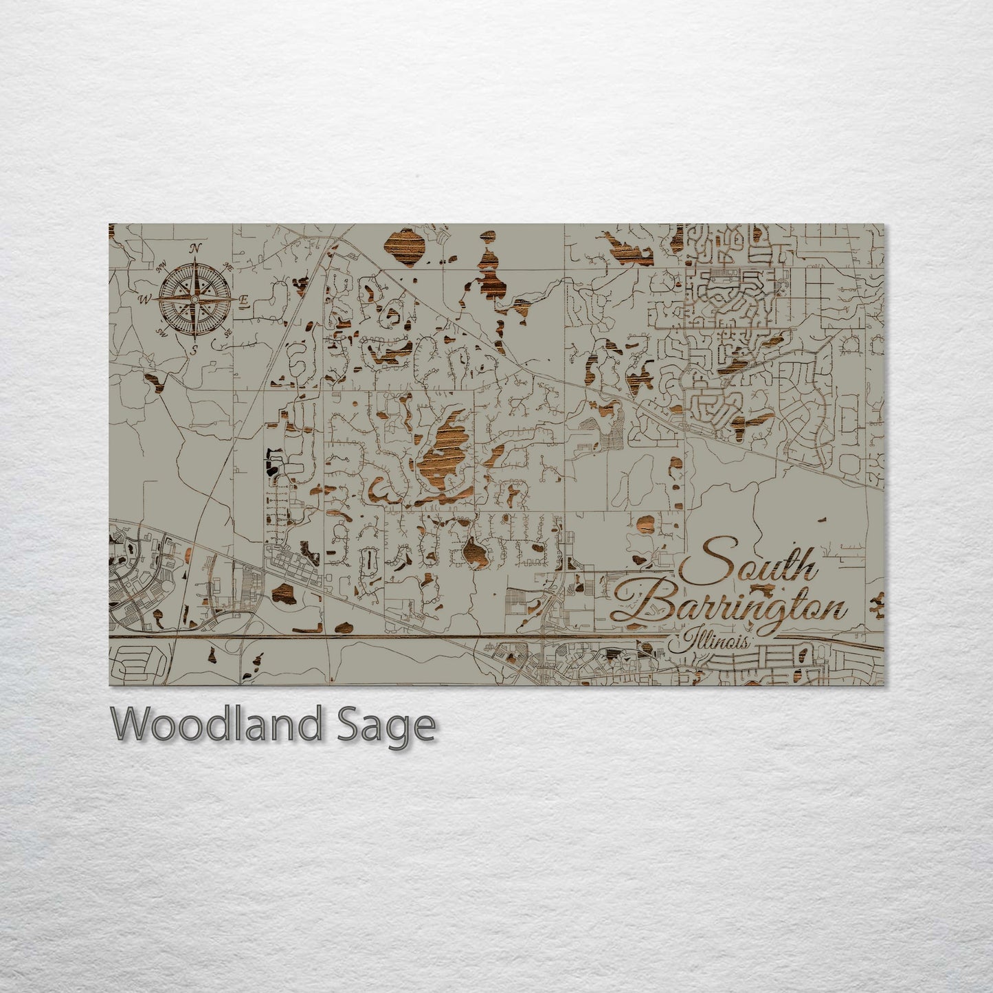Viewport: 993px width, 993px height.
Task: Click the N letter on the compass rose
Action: (x=195, y=249)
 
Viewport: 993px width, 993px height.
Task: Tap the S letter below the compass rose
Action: (x=194, y=349)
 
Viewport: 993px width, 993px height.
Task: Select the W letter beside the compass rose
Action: (x=146, y=300)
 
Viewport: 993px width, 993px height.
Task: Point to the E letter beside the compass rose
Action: (x=244, y=300)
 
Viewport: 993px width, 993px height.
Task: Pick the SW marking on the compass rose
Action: (x=163, y=333)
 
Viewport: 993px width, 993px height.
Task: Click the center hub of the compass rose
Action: (x=195, y=300)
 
